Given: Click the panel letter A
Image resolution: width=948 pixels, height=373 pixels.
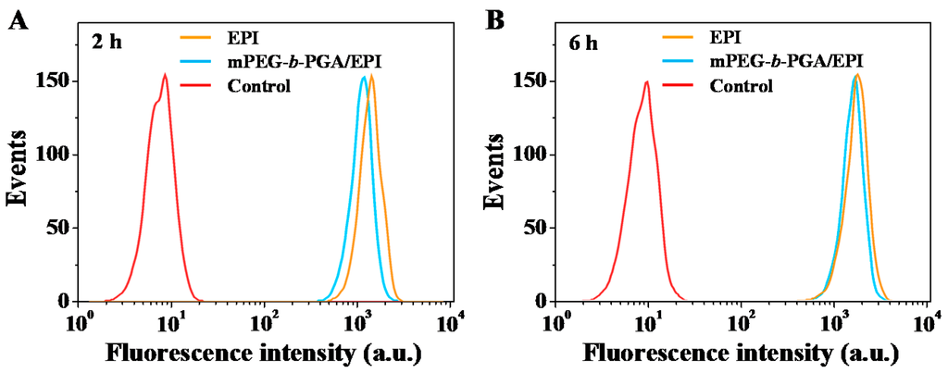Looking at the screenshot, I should point(18,19).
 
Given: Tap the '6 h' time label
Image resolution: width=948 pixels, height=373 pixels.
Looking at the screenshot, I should point(586,43).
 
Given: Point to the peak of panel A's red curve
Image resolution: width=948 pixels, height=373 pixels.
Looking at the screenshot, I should point(165,75).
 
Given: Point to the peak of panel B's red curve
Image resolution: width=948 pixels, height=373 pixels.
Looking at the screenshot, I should point(646,81).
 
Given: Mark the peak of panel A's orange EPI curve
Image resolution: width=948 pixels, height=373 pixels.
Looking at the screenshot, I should point(371,76).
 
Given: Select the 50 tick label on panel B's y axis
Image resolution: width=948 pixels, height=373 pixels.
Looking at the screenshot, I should point(537,228).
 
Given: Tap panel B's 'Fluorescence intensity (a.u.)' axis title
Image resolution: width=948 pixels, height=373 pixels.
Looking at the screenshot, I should point(742,353).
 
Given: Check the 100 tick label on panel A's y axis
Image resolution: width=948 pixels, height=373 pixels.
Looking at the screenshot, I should point(54,155).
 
